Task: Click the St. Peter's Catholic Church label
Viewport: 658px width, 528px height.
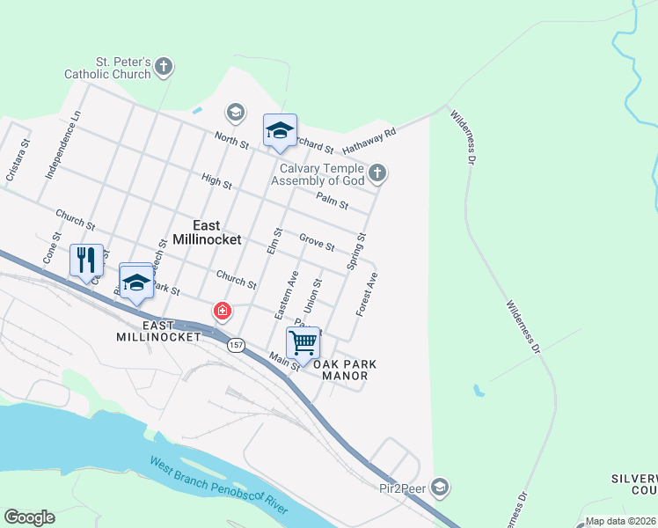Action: [x=108, y=69]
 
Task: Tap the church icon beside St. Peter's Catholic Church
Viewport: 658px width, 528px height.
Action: [x=164, y=66]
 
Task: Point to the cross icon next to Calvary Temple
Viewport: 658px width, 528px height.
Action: [x=377, y=172]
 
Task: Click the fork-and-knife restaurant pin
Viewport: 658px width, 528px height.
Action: [x=86, y=260]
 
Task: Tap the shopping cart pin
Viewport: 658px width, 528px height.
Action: [x=303, y=342]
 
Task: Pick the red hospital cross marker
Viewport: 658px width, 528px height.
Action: [x=223, y=311]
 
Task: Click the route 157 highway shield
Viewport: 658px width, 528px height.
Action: [x=235, y=344]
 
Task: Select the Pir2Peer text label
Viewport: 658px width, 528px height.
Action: [x=403, y=487]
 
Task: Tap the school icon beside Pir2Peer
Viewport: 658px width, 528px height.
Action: [x=441, y=487]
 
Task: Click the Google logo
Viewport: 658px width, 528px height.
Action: [x=29, y=517]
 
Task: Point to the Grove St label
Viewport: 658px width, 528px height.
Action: [x=316, y=241]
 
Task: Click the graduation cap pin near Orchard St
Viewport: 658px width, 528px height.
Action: [x=280, y=131]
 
